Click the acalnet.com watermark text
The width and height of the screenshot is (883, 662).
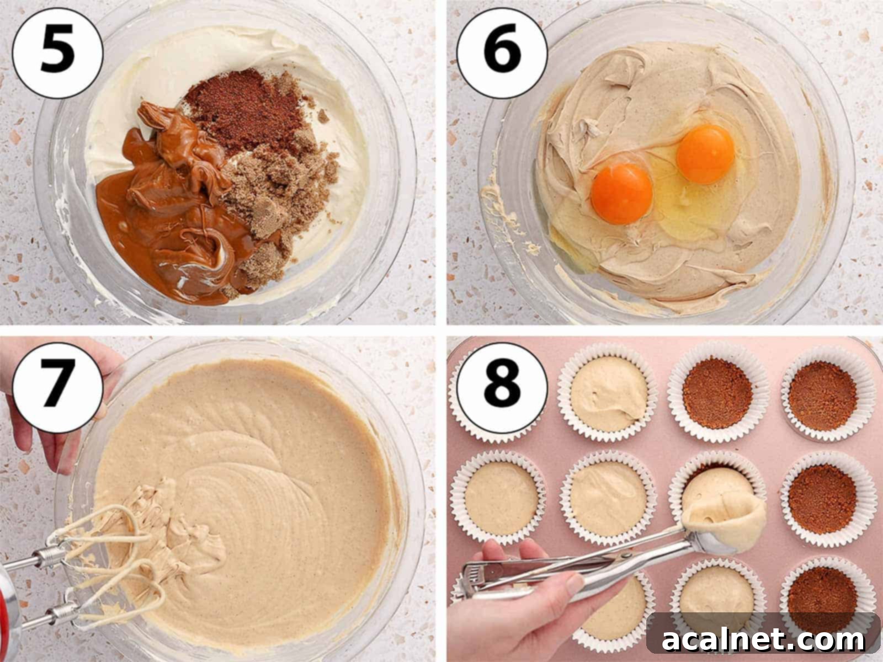(764, 640)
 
